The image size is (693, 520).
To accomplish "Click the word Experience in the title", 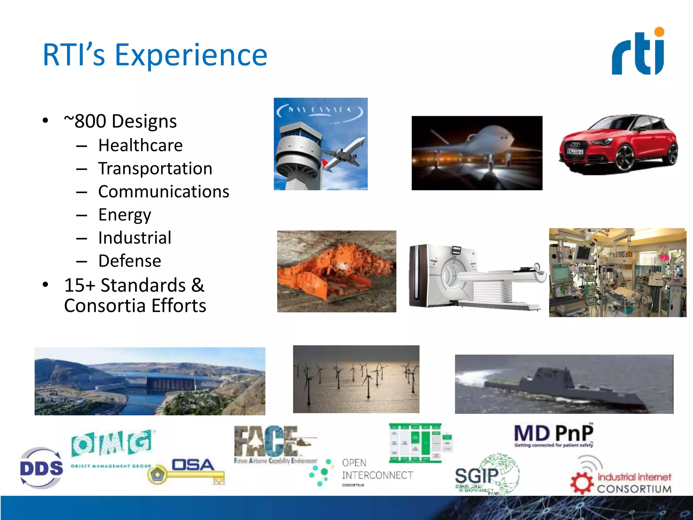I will [x=191, y=55].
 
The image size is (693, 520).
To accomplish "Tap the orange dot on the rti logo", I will [x=659, y=32].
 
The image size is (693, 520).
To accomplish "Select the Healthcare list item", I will [x=140, y=146].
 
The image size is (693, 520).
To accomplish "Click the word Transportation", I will [x=155, y=169].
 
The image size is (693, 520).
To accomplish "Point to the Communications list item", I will [x=164, y=192].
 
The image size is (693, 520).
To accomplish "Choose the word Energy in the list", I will [x=125, y=215].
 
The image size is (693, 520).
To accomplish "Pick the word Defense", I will [x=130, y=261].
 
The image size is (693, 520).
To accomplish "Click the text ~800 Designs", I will [x=120, y=121].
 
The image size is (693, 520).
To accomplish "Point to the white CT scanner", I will [x=474, y=276].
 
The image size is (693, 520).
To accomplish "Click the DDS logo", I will [x=41, y=469].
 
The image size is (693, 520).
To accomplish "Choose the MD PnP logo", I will [x=554, y=435].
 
